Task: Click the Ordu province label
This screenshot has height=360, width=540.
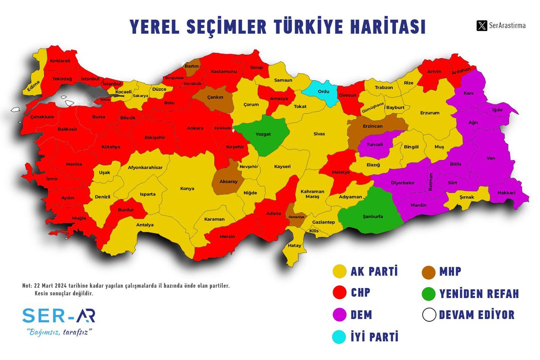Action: point(324,92)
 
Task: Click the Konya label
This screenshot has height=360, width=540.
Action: point(187,189)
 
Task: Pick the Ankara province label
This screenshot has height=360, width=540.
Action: point(194,128)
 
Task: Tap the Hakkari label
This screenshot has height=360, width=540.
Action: point(506,193)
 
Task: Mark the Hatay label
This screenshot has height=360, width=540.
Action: point(295,246)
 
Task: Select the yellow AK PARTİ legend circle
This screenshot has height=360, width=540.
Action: point(339,271)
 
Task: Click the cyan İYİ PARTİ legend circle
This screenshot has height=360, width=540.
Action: point(339,336)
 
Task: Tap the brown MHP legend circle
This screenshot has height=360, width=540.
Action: point(429,271)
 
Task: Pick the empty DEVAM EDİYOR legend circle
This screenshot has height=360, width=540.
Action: point(429,315)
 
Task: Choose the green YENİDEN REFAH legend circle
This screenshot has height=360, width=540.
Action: point(429,293)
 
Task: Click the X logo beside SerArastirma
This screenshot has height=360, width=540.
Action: point(481,26)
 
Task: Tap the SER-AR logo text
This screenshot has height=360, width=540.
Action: point(58,316)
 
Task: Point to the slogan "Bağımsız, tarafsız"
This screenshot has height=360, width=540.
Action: point(59,333)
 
